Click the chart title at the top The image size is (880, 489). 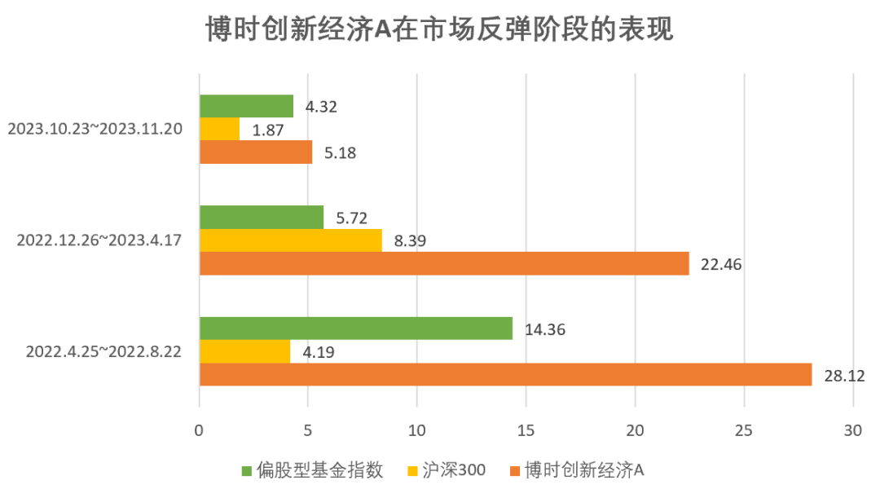pyautogui.click(x=439, y=32)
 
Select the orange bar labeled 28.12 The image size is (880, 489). pyautogui.click(x=505, y=374)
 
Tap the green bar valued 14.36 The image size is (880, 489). pyautogui.click(x=355, y=328)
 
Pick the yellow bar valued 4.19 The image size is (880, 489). pyautogui.click(x=244, y=351)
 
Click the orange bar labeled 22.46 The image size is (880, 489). pyautogui.click(x=444, y=263)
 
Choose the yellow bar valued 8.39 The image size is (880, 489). pyautogui.click(x=290, y=240)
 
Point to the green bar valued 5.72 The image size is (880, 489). pyautogui.click(x=261, y=218)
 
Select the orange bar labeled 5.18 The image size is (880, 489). pyautogui.click(x=256, y=152)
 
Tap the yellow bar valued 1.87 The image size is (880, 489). pyautogui.click(x=219, y=130)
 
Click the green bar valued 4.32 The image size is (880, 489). pyautogui.click(x=246, y=107)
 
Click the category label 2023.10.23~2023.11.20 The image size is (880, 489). pyautogui.click(x=95, y=129)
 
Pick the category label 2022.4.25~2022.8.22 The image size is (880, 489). pyautogui.click(x=103, y=351)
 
